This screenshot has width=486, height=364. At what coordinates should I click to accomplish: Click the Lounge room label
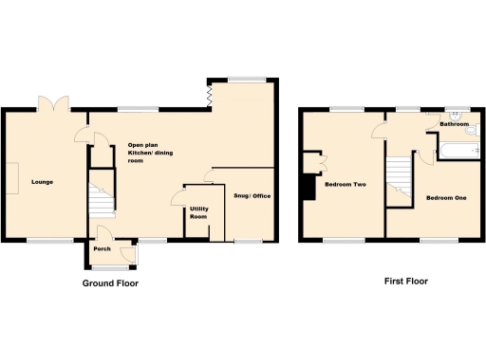click(41, 181)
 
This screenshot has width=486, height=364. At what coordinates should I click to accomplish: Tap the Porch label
click(101, 250)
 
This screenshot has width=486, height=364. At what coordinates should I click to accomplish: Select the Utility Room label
click(198, 212)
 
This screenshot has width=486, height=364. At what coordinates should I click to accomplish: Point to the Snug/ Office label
click(252, 196)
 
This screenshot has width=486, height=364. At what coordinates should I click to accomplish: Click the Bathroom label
click(454, 123)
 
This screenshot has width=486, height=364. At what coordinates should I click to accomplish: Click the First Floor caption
click(405, 282)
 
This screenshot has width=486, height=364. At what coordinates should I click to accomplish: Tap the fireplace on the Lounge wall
click(11, 178)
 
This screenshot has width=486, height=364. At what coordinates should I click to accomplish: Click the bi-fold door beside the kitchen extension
click(208, 94)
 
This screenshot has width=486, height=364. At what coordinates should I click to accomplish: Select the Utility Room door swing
click(177, 199)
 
